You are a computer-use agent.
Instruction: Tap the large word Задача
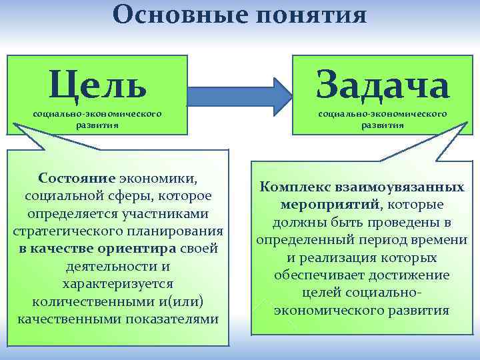(383, 84)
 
